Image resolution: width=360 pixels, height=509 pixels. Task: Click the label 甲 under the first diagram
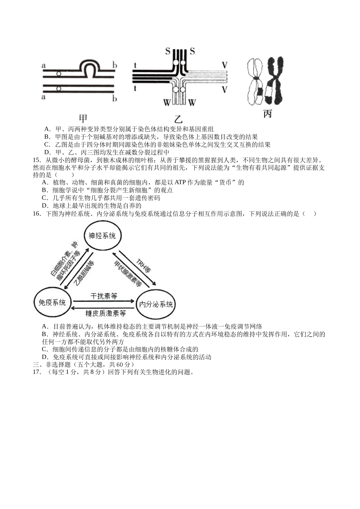82,118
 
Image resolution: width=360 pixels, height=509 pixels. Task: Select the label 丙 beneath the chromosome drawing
267,113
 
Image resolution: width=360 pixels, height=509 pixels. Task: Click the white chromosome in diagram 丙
255,81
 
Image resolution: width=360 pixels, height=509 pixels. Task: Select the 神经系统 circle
102,236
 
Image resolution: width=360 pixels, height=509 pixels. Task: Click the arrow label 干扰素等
104,296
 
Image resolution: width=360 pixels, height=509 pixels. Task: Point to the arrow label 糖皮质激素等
105,313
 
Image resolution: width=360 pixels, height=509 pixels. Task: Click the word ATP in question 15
179,183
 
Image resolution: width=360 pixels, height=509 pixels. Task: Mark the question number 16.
37,214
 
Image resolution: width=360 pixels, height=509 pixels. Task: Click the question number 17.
37,372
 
